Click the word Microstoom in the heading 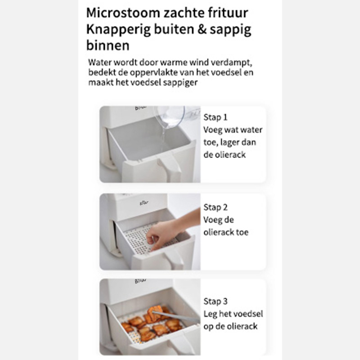click(123, 13)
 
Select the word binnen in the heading click(108, 45)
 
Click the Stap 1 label click(216, 117)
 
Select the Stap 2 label click(216, 207)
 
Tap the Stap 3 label click(216, 301)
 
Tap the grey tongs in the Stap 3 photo click(175, 316)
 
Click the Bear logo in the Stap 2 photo click(144, 203)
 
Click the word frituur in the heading click(229, 13)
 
